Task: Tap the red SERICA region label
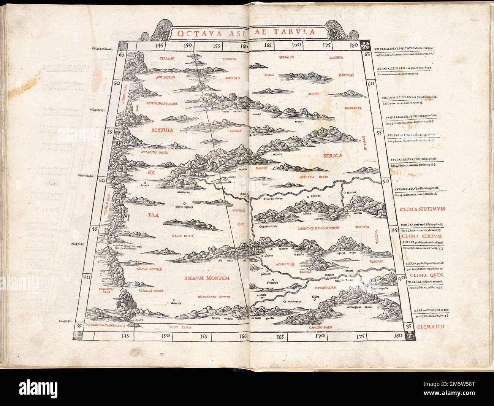(333, 155)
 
